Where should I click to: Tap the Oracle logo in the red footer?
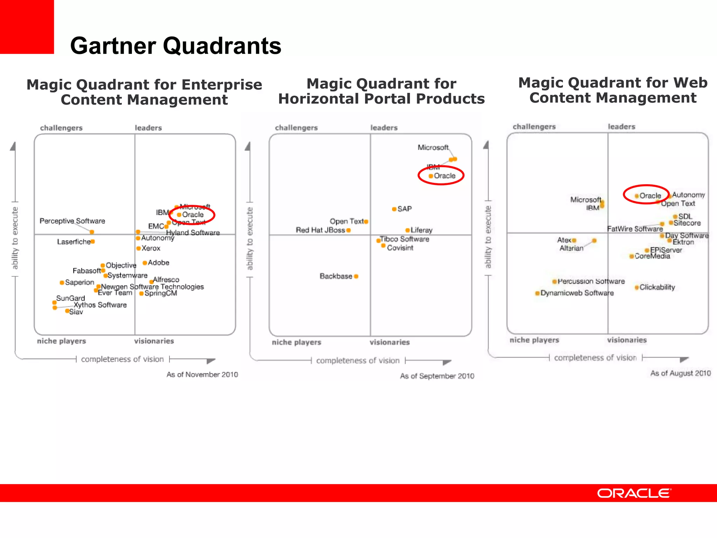tap(634, 494)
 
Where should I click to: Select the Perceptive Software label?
tap(72, 221)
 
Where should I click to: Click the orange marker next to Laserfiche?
tap(93, 241)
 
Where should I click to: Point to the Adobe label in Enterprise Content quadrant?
tap(158, 263)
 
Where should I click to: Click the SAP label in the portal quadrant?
tap(404, 209)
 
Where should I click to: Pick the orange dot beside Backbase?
tap(356, 276)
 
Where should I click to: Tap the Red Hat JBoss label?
tap(320, 230)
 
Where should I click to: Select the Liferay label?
tap(422, 230)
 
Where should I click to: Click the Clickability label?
tap(657, 287)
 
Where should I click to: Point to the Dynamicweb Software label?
tap(577, 293)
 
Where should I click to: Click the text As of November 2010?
tap(202, 374)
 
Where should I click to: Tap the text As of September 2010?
tap(437, 376)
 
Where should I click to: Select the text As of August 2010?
tap(680, 373)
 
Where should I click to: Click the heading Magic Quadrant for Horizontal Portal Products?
tap(381, 91)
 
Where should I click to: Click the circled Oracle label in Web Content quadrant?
tap(650, 196)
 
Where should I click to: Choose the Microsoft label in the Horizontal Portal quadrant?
tap(433, 147)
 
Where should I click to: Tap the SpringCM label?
tap(161, 293)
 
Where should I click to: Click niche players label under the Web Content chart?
tap(534, 340)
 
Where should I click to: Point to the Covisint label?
tap(400, 248)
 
